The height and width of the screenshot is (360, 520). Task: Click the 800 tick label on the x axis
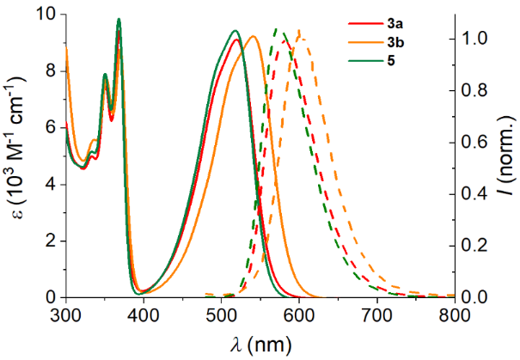(454, 313)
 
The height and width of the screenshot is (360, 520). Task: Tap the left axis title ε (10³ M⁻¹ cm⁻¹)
(19, 155)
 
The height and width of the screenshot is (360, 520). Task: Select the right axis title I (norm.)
(506, 155)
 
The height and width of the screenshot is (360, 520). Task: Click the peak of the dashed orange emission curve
(299, 32)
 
